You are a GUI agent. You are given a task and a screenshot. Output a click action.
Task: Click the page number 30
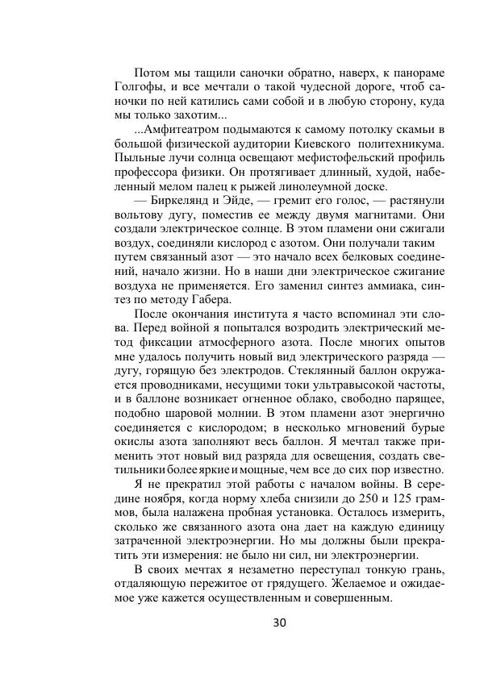coord(280,622)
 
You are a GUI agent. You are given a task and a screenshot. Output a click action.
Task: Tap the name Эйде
coord(240,201)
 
